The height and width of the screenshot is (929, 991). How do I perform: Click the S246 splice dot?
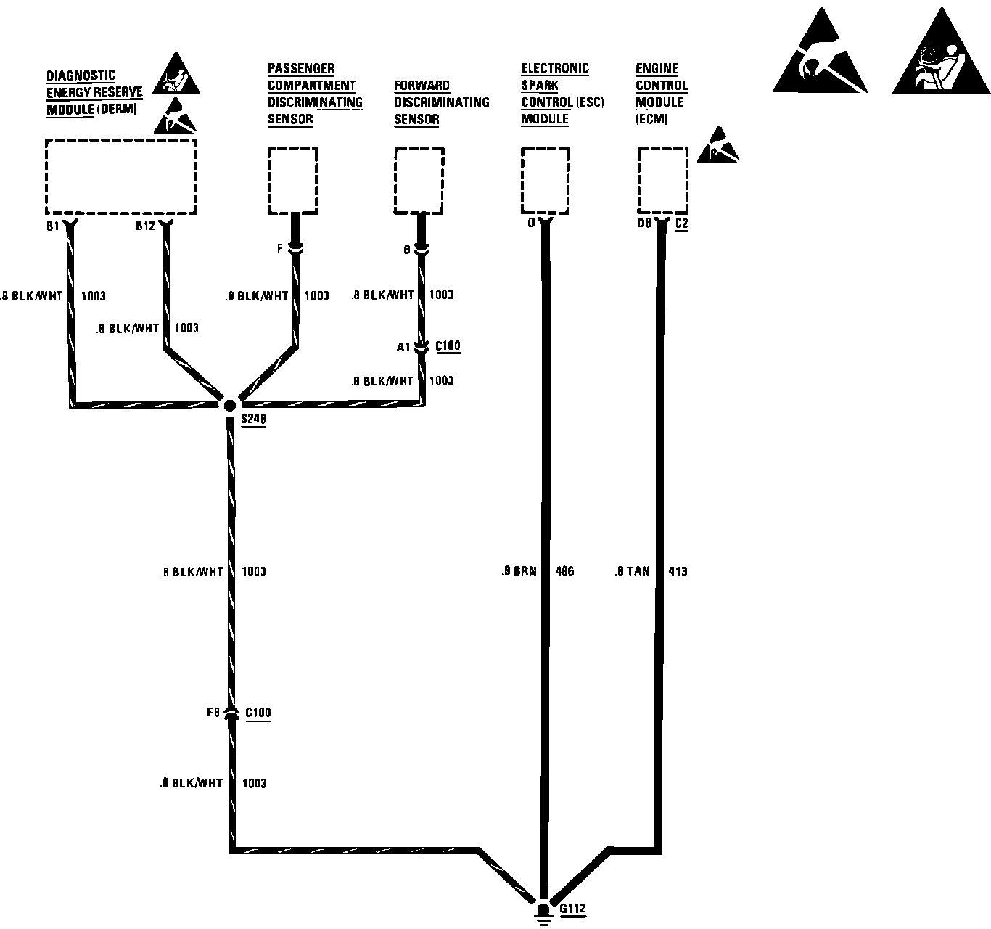coord(229,406)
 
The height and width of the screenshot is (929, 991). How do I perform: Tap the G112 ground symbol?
coord(543,912)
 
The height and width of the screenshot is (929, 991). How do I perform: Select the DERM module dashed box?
coord(120,176)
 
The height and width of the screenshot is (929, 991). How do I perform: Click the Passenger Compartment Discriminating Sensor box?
coord(293,180)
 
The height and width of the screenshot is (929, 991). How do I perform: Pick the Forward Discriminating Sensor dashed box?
coord(419,180)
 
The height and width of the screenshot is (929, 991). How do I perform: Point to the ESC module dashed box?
coord(546,180)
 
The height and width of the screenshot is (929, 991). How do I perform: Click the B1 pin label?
coord(52,226)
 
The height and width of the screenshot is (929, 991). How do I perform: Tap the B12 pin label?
coord(145,226)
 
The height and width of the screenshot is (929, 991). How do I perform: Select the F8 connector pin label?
coord(213,713)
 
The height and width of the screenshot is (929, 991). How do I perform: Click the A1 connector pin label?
coord(403,348)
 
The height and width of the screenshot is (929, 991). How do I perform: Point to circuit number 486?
coord(564,572)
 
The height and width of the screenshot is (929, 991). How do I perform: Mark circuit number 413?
coord(678,572)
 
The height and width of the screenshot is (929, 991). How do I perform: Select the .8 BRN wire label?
coord(519,572)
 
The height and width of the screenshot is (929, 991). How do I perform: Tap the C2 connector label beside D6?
coord(681,224)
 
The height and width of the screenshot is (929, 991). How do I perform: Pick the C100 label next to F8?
coord(258,713)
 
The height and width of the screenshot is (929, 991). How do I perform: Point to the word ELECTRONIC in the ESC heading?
coord(555,68)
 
